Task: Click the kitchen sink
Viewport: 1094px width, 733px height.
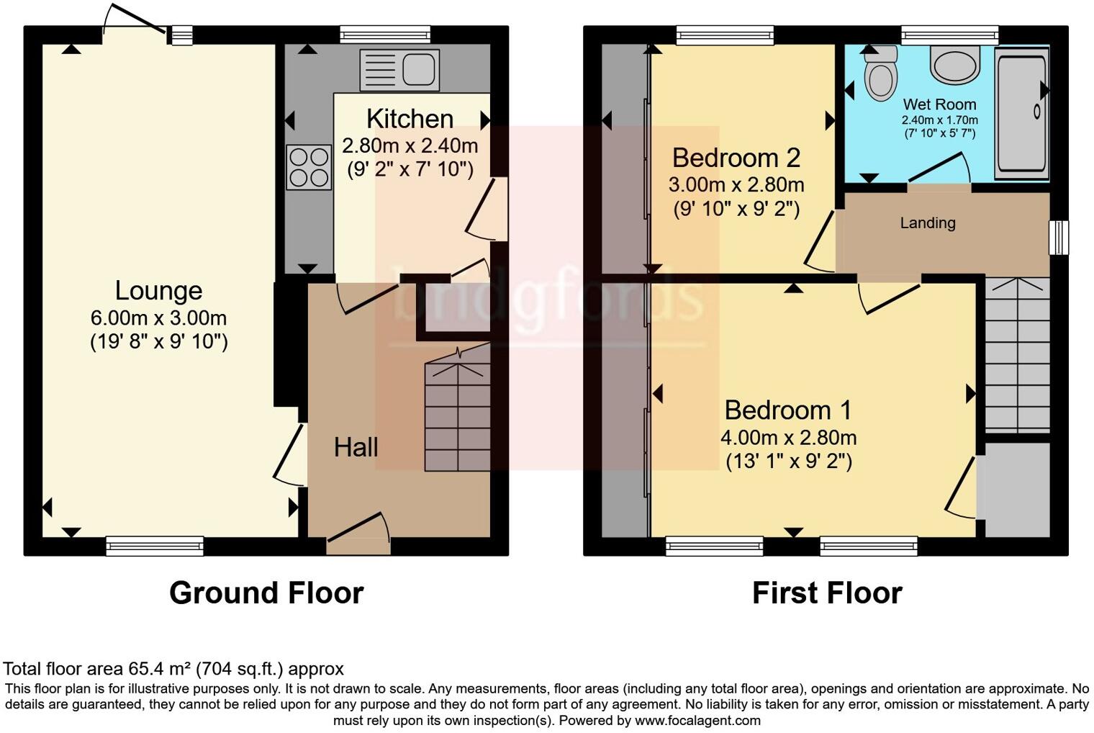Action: coord(399,70)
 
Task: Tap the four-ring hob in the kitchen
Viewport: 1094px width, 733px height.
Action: coord(309,167)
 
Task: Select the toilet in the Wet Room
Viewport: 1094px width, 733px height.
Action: coord(881,74)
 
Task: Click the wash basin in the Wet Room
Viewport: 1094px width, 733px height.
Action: coord(955,64)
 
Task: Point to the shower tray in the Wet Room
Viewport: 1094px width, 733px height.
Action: coord(1021,113)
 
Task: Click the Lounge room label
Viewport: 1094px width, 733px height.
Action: coord(158,291)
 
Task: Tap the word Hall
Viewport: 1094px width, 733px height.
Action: coord(356,447)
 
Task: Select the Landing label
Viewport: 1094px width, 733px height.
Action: coord(927,223)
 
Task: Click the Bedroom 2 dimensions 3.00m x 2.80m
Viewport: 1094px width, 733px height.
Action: coord(736,185)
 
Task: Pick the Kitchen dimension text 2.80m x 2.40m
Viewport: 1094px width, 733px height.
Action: coord(410,146)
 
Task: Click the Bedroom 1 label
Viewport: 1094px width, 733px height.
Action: coord(787,410)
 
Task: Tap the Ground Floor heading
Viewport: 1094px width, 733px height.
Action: coord(266,593)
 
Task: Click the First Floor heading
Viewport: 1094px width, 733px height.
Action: coord(826,593)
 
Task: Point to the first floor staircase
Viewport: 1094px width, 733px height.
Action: coord(1016,356)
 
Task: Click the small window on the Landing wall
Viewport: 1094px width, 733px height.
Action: coord(1058,238)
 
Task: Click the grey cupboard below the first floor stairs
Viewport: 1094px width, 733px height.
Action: coord(1017,490)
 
